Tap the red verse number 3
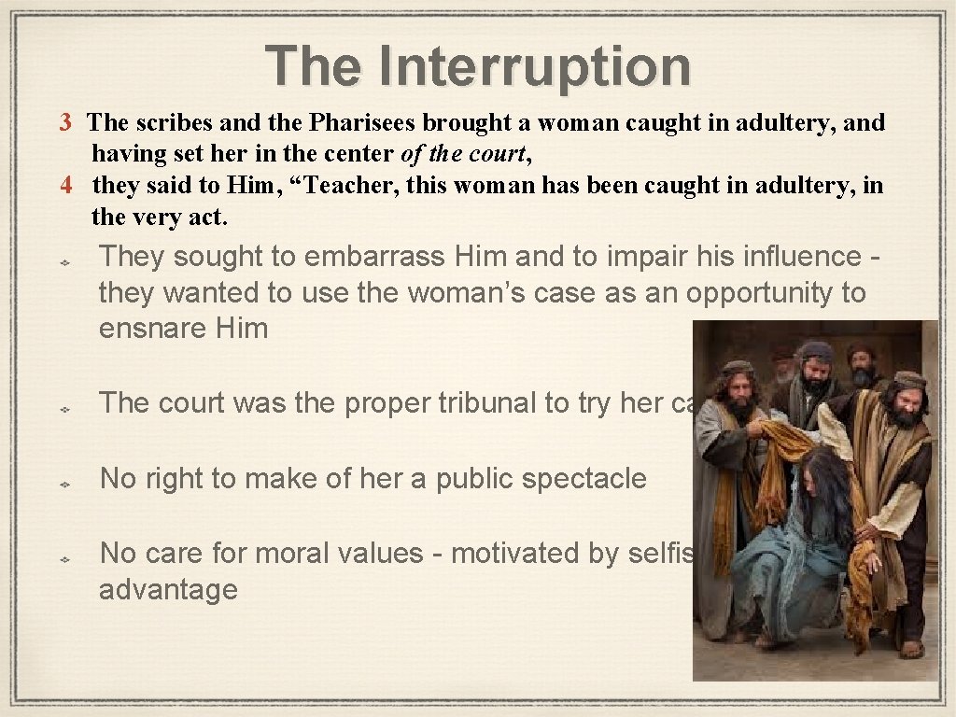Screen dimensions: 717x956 point(65,122)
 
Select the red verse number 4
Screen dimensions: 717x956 point(65,186)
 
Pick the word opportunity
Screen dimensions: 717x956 point(763,292)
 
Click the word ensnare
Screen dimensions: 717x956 point(152,329)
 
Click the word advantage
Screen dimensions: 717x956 point(168,589)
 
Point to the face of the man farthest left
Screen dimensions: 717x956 point(738,392)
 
